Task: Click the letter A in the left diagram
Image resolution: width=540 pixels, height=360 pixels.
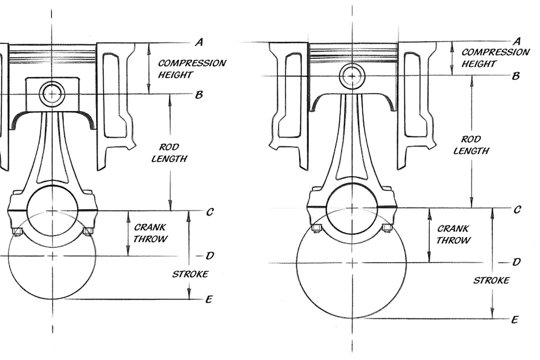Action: [199, 43]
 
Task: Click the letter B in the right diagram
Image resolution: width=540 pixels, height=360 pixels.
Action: [515, 76]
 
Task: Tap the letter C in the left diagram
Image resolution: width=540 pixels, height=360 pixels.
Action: [210, 212]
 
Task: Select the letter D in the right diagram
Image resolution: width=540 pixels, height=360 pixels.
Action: [517, 262]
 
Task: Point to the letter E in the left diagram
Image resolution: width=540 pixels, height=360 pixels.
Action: [209, 299]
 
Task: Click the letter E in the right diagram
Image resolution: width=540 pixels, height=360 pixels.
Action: [515, 319]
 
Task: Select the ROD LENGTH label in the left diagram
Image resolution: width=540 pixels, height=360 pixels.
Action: [173, 153]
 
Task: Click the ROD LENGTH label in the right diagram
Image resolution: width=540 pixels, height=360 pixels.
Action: [472, 145]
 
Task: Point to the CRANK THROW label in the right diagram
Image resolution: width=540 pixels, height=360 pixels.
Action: [454, 234]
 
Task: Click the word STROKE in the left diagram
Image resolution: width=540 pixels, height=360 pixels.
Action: [189, 274]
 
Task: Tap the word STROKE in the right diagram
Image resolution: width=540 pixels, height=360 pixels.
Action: [491, 280]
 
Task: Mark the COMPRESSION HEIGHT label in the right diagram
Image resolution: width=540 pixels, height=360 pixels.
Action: [494, 58]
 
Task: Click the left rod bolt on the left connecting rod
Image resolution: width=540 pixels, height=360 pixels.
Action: [17, 232]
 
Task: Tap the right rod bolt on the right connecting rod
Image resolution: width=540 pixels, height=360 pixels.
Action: [387, 228]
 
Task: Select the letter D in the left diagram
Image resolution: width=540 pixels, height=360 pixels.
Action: [209, 256]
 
